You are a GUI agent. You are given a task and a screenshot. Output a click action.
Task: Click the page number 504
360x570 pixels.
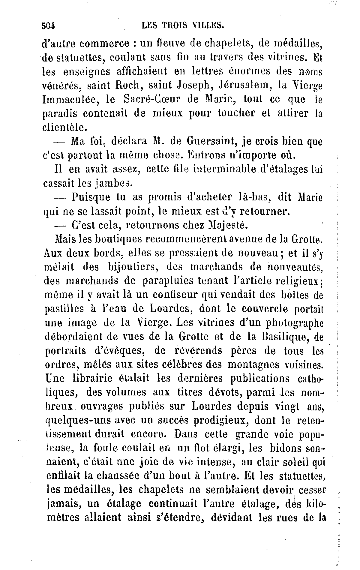click(48, 26)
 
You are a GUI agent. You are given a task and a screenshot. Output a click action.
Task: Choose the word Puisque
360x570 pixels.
click(95, 198)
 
